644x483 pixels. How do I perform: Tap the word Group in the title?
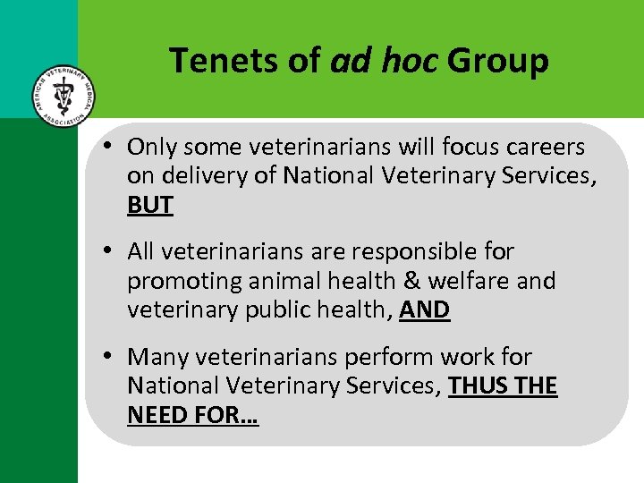coord(497,61)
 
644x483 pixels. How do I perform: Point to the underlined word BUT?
coord(150,205)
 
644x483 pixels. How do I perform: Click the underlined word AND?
coord(425,309)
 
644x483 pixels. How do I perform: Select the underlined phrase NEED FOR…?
coord(192,414)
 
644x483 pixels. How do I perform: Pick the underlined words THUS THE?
coord(503,386)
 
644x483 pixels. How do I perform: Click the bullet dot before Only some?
coord(106,146)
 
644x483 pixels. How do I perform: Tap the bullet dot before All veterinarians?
coord(106,251)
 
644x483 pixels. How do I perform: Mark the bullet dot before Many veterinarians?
coord(106,357)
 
